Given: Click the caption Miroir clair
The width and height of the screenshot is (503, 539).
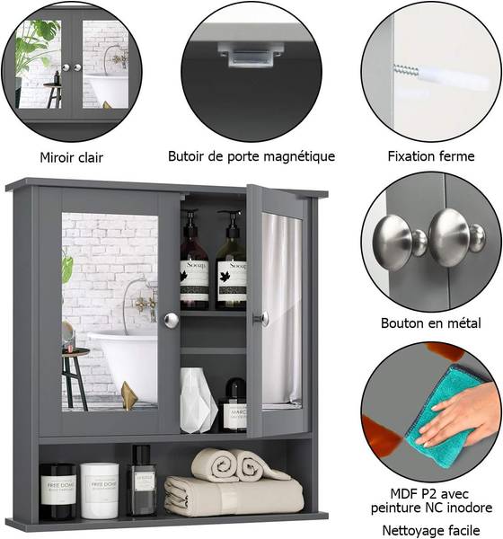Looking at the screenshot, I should coord(71,158).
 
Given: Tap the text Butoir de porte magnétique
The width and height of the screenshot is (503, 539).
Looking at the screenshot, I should coord(251,156).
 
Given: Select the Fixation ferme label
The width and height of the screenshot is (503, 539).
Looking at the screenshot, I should coord(431,156).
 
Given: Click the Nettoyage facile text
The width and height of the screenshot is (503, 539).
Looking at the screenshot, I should coord(431,530).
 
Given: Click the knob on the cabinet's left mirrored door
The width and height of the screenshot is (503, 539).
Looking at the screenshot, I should coord(171,319).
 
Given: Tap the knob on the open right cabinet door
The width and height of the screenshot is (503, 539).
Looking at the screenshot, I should coord(262,318).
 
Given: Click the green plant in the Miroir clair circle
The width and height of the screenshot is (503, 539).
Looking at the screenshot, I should coord(34,45).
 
